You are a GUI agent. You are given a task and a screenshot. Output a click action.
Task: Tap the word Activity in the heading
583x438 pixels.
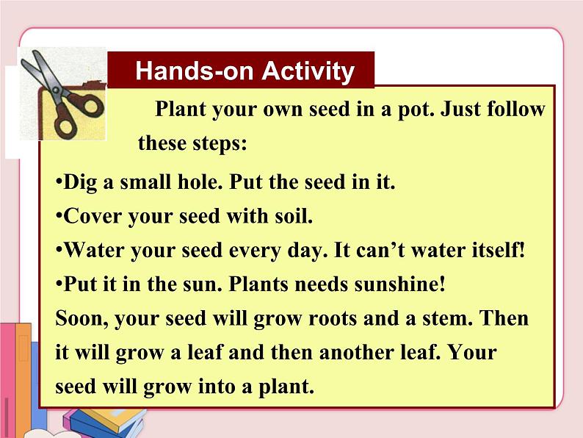click(x=308, y=71)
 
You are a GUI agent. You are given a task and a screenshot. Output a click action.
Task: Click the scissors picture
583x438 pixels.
click(x=62, y=93)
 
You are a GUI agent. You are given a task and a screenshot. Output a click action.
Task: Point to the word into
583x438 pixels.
click(x=220, y=386)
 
